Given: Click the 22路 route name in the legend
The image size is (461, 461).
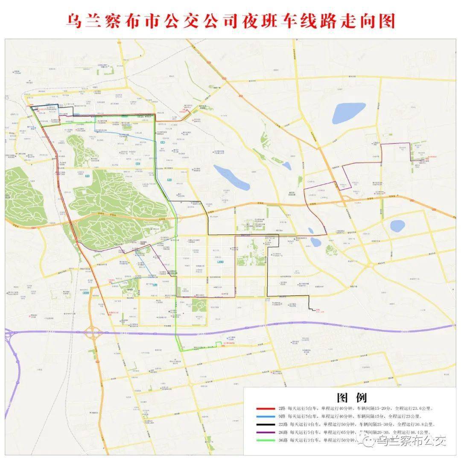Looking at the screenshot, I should point(283,424).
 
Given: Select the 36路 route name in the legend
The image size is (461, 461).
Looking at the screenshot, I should point(283,440).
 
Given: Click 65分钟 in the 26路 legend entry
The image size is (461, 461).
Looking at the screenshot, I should point(330,432).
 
